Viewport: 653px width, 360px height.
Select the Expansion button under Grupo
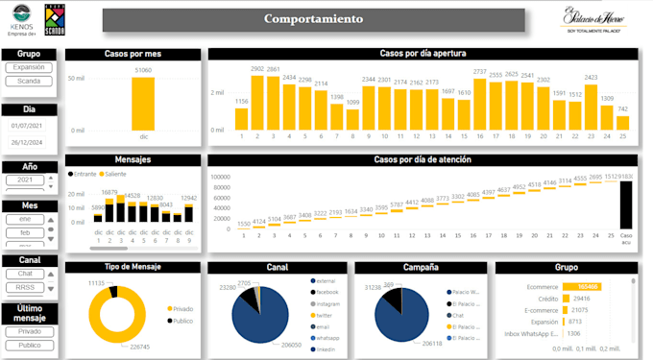pyautogui.click(x=29, y=68)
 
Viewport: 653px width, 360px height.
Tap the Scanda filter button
pyautogui.click(x=29, y=82)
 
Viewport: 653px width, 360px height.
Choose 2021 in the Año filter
pyautogui.click(x=26, y=180)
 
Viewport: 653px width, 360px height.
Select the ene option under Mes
pyautogui.click(x=26, y=219)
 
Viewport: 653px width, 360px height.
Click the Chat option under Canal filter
pyautogui.click(x=26, y=274)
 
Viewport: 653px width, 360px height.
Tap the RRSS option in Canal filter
pyautogui.click(x=26, y=287)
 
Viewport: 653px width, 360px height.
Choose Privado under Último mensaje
pyautogui.click(x=29, y=330)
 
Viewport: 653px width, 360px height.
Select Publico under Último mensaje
pyautogui.click(x=29, y=344)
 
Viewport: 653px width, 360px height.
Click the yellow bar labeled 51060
pyautogui.click(x=142, y=104)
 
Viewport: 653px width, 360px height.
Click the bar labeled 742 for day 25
pyautogui.click(x=622, y=122)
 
